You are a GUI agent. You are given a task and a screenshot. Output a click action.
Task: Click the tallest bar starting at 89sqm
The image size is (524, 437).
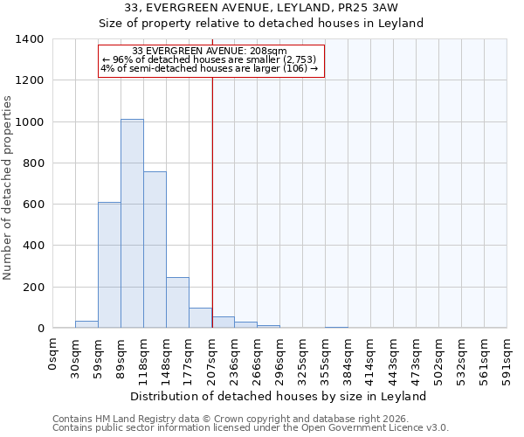[132, 224]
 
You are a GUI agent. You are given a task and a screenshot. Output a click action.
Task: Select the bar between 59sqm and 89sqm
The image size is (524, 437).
[109, 265]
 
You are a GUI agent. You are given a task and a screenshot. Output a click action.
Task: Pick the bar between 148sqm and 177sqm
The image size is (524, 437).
[177, 302]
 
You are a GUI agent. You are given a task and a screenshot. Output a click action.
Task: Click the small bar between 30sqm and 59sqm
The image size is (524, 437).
[86, 324]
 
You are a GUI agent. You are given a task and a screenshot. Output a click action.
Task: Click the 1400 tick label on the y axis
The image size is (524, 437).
[30, 39]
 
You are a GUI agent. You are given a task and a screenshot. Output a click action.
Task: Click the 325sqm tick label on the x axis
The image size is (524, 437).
[303, 358]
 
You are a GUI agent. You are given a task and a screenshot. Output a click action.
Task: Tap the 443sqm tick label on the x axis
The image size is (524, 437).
[394, 358]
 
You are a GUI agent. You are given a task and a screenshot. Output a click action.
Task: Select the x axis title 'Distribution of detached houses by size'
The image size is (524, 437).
[278, 396]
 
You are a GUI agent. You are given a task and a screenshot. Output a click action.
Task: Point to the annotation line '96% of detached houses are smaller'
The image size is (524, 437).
[210, 59]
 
